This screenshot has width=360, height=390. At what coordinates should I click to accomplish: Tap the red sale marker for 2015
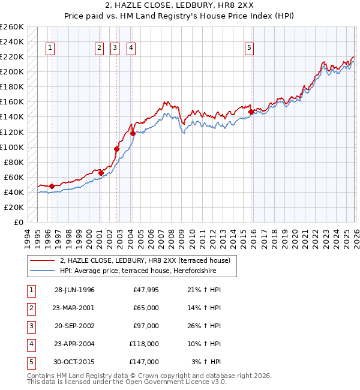(251, 112)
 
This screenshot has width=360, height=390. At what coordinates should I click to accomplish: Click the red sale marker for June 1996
(52, 186)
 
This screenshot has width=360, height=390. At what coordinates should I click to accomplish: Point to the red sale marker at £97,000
(117, 149)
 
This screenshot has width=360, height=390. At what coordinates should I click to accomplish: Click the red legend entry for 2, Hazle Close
(149, 260)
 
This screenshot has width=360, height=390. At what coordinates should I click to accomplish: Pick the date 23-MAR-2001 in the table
(74, 308)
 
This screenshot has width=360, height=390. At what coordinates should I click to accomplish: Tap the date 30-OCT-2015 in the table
(74, 362)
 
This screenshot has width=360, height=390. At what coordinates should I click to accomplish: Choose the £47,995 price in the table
(146, 290)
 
